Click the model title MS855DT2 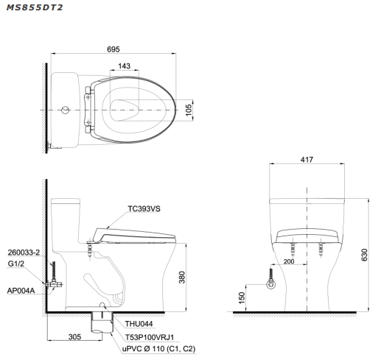tap(35, 7)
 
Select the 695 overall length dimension tap(113, 49)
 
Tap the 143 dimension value tap(124, 66)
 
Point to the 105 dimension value tap(188, 110)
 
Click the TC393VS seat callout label tap(144, 208)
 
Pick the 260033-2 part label tap(24, 253)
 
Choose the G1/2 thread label tap(16, 264)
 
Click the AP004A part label tap(21, 291)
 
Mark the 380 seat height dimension tap(182, 278)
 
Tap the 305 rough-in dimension tap(74, 336)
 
